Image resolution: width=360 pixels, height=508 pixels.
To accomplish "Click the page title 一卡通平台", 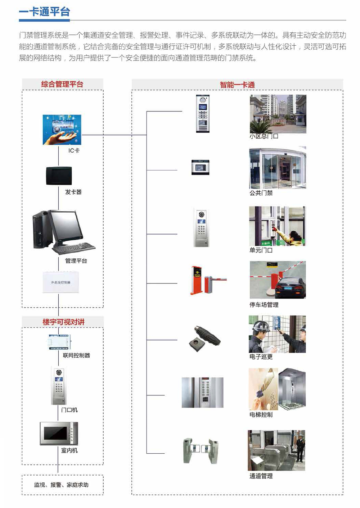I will tap(44, 12).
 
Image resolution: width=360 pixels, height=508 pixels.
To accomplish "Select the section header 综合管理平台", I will tap(62, 84).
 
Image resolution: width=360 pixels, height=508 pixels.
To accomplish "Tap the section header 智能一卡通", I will tap(237, 85).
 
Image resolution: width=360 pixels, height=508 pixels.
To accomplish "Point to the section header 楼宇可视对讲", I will tap(63, 322).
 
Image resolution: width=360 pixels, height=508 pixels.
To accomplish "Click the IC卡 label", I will tap(74, 150).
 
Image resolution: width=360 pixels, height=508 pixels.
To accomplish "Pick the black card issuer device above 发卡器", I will tap(59, 176).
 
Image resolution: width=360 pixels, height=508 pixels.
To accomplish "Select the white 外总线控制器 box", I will tap(60, 282).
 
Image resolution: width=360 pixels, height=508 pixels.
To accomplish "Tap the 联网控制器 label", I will tap(76, 355).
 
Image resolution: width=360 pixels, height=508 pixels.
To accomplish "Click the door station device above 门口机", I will tap(58, 386).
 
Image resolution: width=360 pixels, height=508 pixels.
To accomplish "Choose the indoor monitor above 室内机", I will tap(59, 433).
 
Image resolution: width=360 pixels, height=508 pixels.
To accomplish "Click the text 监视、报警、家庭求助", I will tap(61, 485).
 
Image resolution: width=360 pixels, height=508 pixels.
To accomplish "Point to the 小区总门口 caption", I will tap(264, 136).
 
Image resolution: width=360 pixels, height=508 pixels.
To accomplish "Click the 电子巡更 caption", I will tap(261, 357).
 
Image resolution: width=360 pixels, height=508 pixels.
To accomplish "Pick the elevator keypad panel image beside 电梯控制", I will tap(202, 393).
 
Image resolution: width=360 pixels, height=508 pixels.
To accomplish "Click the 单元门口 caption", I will tap(261, 250).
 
